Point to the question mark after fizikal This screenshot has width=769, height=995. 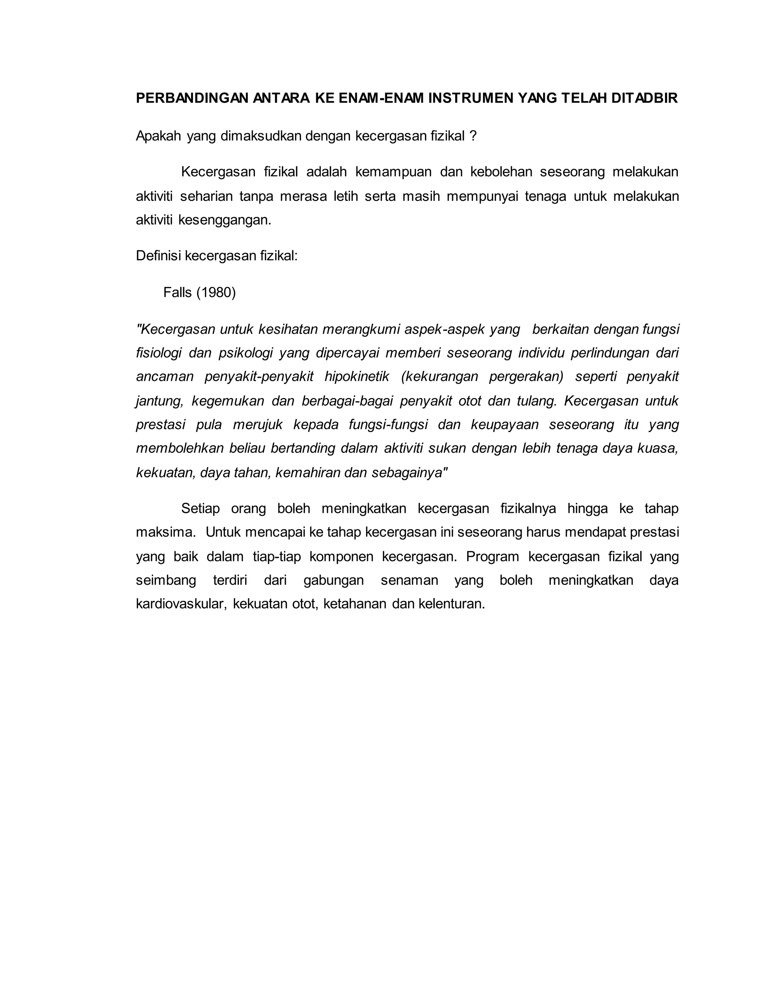[473, 136]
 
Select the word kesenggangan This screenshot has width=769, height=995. [225, 220]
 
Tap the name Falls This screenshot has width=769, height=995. [178, 292]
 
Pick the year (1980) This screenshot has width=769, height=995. [216, 292]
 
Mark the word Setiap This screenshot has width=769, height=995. [201, 508]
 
